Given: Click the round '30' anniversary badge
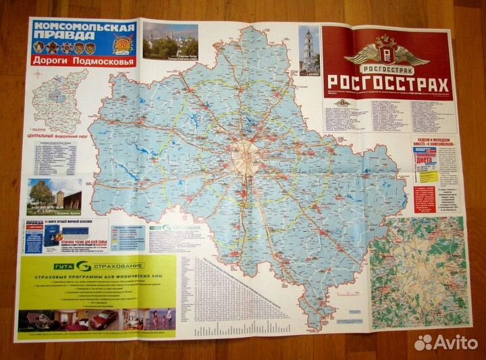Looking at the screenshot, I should [x=124, y=43].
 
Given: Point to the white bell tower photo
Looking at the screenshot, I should [x=308, y=51].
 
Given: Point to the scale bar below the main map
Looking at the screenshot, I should [x=250, y=331].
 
